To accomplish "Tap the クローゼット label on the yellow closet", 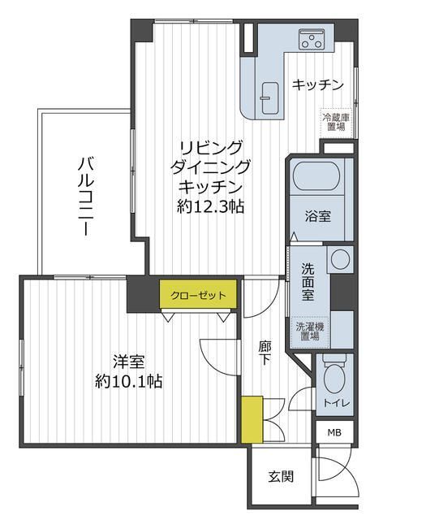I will [x=199, y=295].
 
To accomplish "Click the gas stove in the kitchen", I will [x=312, y=38].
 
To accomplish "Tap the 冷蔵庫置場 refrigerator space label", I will [x=337, y=122].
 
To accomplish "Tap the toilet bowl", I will [x=333, y=379].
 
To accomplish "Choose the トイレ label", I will [x=336, y=403].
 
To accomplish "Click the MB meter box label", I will [x=334, y=432].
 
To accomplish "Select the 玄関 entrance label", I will [x=281, y=477].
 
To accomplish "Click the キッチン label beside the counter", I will [x=318, y=84].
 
